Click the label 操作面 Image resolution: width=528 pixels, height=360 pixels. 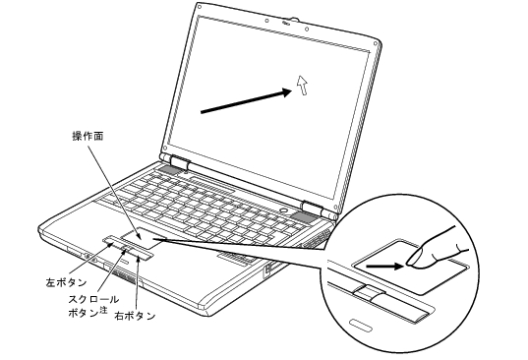pyautogui.click(x=88, y=137)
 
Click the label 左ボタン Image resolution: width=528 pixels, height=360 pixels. pyautogui.click(x=66, y=282)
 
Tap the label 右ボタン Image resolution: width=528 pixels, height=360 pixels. pyautogui.click(x=135, y=316)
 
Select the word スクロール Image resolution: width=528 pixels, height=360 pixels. pyautogui.click(x=93, y=299)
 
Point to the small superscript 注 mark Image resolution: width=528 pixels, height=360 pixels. pyautogui.click(x=103, y=310)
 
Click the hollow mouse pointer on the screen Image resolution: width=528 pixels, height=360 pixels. pyautogui.click(x=303, y=85)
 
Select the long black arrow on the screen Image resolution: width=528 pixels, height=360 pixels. pyautogui.click(x=247, y=100)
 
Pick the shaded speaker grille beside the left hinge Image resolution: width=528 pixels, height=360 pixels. pyautogui.click(x=169, y=170)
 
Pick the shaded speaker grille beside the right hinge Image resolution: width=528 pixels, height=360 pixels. pyautogui.click(x=304, y=218)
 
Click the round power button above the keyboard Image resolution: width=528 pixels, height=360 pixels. pyautogui.click(x=285, y=210)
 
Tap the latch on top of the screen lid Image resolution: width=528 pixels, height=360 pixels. pyautogui.click(x=290, y=21)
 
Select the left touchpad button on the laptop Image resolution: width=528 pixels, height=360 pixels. pyautogui.click(x=112, y=242)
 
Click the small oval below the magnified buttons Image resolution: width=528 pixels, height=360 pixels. pyautogui.click(x=361, y=324)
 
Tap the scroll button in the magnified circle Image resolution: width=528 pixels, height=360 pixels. pyautogui.click(x=369, y=291)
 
